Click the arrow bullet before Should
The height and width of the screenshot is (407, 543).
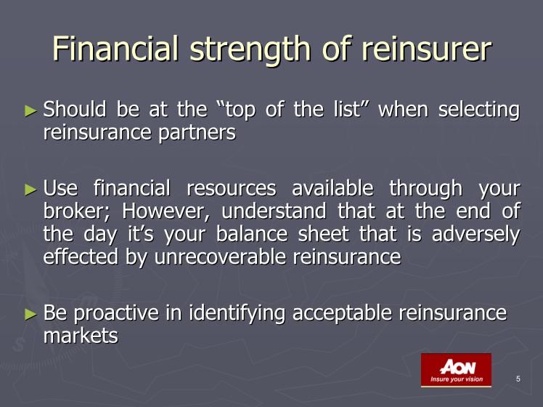coord(30,111)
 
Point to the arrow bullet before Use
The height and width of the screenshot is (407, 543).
coord(30,189)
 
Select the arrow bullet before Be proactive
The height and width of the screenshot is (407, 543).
coord(30,314)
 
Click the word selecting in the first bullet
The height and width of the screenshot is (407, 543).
coord(479,111)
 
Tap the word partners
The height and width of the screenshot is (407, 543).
coord(197,134)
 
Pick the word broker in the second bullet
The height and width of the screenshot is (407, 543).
coord(75,211)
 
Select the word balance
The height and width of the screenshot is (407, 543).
coord(252,233)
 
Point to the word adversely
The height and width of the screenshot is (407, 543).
coord(475,234)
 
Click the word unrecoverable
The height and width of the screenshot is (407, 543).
coord(220,257)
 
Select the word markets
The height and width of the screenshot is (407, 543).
coord(81,335)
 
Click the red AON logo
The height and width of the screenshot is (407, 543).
coord(456,370)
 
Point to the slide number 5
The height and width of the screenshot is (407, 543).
coord(518,379)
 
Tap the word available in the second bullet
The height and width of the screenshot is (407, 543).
coord(332,188)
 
